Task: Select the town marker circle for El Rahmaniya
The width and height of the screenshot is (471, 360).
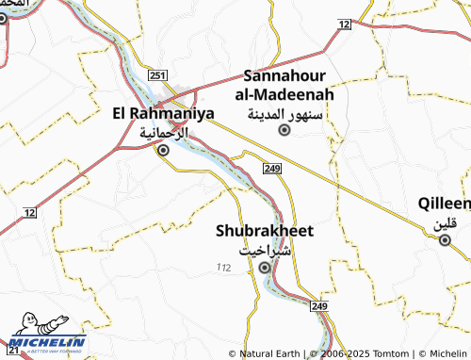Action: point(163,150)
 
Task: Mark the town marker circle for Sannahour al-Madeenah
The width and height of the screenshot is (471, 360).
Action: point(284,130)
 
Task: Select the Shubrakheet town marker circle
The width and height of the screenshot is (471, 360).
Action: point(265,268)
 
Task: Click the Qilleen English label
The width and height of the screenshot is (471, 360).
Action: point(445,204)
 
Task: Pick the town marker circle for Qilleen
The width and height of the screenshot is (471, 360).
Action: point(445,240)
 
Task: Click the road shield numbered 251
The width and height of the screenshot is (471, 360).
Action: point(157,75)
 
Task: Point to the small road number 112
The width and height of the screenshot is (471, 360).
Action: point(222,269)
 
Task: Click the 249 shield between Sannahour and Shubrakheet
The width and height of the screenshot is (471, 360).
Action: point(272,168)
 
